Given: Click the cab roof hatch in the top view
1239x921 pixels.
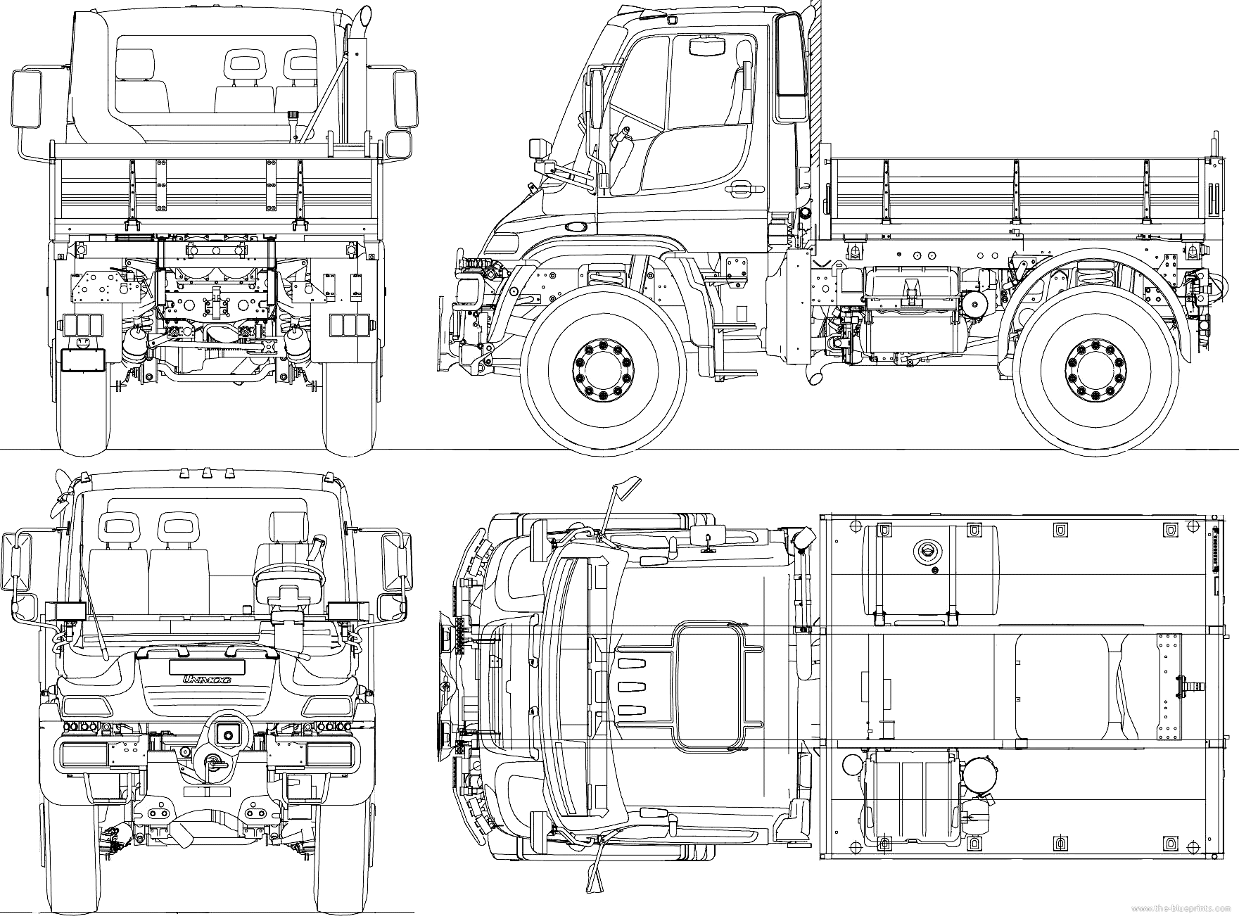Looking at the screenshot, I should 708,687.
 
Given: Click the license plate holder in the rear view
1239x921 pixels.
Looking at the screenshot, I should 83,359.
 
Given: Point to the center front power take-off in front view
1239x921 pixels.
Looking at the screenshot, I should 227,735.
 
